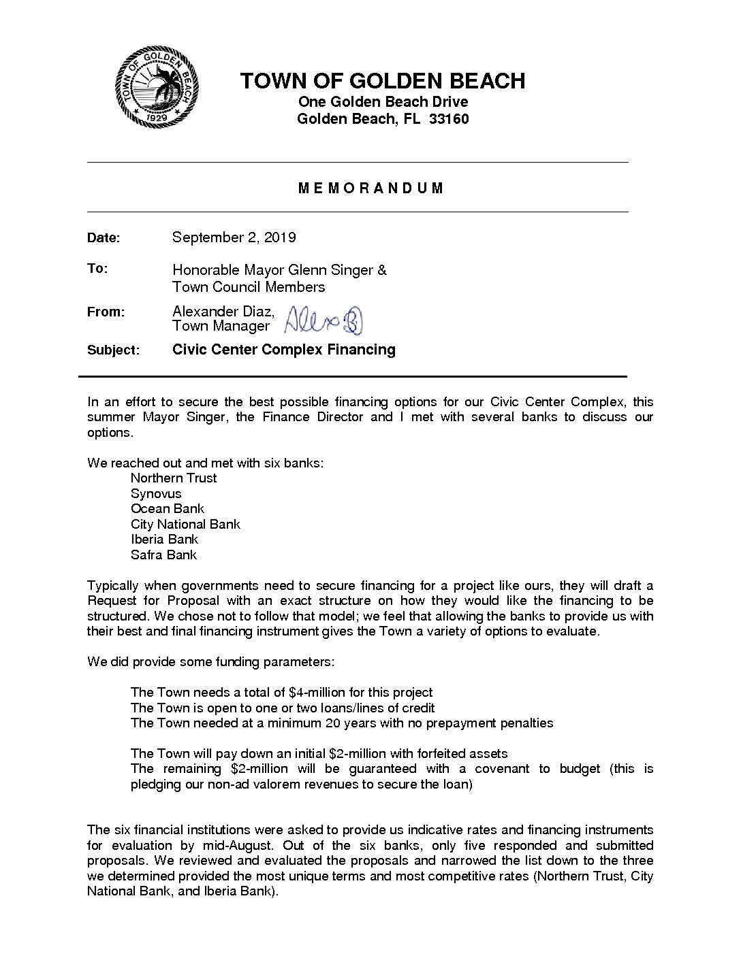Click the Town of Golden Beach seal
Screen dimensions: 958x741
click(x=157, y=86)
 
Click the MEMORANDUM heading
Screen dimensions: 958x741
click(x=371, y=188)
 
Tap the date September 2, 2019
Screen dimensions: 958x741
click(x=234, y=237)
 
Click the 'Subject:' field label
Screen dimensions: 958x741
click(x=113, y=350)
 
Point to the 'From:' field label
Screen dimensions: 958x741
click(x=106, y=312)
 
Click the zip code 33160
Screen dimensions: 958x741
click(x=449, y=119)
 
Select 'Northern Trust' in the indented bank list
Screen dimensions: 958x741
click(x=174, y=478)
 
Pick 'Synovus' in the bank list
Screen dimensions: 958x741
click(x=156, y=494)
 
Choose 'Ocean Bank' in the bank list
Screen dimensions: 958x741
click(x=168, y=509)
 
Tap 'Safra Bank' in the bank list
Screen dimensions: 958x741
click(x=163, y=555)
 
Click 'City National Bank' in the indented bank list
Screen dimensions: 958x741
click(x=185, y=525)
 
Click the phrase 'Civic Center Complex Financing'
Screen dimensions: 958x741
click(x=284, y=350)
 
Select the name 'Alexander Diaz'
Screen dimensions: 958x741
click(x=223, y=312)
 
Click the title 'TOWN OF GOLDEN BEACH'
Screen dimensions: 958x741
click(x=382, y=81)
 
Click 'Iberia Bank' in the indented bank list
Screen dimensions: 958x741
click(x=164, y=540)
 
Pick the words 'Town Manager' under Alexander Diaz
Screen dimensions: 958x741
click(x=221, y=326)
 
